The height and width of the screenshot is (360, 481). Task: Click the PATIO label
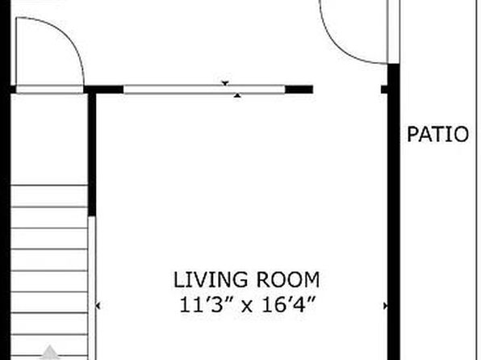tap(437, 135)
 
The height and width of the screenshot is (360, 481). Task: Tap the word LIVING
tap(211, 279)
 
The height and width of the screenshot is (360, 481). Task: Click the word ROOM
tap(288, 279)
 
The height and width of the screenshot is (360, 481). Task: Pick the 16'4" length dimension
tap(289, 305)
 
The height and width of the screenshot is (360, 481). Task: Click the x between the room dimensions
tap(247, 306)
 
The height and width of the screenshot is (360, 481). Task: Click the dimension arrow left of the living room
tap(98, 306)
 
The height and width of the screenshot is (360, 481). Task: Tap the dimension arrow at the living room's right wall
tap(385, 306)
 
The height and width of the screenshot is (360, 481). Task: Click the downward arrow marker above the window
tap(225, 83)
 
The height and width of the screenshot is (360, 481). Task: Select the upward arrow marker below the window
tap(237, 95)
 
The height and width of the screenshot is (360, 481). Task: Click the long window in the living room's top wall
tap(204, 90)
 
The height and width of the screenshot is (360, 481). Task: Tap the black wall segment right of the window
tap(299, 90)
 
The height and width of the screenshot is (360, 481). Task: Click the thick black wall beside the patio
tap(394, 211)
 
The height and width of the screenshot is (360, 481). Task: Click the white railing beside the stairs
tap(92, 288)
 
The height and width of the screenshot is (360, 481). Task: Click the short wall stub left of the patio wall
tap(384, 90)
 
